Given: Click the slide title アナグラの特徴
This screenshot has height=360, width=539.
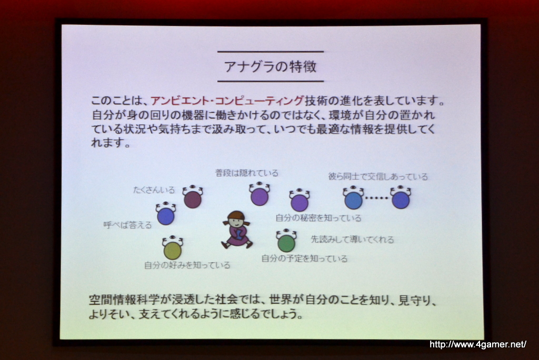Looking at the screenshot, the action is click(271, 66).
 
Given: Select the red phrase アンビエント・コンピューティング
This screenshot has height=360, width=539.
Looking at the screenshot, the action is click(227, 101).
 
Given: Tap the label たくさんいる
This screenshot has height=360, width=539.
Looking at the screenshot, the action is click(154, 190).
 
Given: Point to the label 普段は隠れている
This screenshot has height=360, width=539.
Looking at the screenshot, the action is click(247, 173).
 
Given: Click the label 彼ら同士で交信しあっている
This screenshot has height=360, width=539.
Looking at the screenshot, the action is click(378, 176).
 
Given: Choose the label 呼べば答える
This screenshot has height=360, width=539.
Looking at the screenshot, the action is click(127, 225).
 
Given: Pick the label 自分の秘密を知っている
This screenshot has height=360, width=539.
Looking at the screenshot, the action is click(318, 218).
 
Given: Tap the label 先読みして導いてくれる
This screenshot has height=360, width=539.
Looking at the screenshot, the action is click(352, 239).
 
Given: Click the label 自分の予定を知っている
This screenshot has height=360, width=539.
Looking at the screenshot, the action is click(305, 258).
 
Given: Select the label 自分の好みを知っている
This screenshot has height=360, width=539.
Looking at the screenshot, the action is click(187, 265).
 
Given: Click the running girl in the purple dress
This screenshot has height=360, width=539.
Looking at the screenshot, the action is click(237, 229).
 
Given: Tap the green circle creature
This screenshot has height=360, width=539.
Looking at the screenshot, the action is click(286, 241).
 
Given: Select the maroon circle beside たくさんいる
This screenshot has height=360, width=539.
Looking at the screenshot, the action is click(193, 197).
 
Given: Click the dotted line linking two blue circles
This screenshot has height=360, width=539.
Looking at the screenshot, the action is click(376, 198).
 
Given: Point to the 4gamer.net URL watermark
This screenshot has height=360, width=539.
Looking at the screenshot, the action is click(478, 344).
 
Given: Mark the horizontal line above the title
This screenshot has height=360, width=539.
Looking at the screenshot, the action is click(271, 52).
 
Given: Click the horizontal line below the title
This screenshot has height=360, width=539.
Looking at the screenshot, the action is click(271, 82).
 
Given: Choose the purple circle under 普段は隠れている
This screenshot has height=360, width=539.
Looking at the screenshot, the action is click(259, 195).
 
